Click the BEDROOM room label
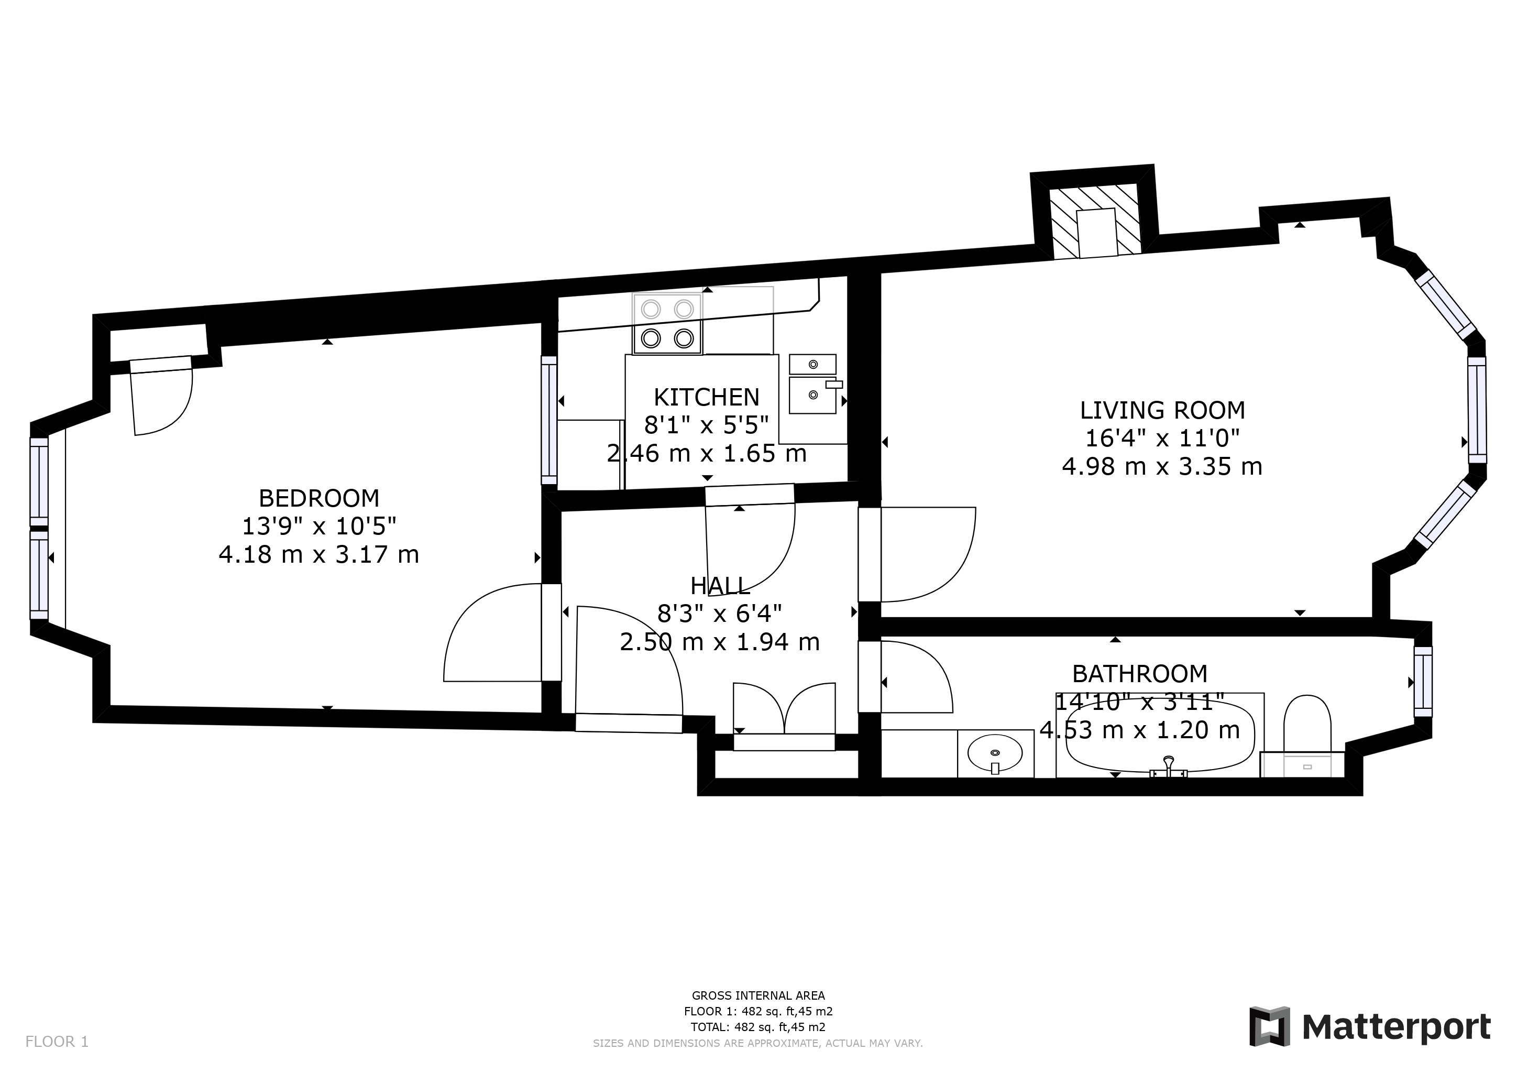[x=318, y=498]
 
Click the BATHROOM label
[x=1140, y=674]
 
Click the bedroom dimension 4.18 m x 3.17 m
[x=318, y=554]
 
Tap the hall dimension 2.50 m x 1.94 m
[x=720, y=642]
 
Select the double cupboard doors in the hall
[x=784, y=708]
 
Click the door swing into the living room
[x=928, y=555]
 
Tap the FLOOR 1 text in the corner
[x=57, y=1042]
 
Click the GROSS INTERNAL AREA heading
[x=758, y=995]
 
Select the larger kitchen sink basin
[x=812, y=395]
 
